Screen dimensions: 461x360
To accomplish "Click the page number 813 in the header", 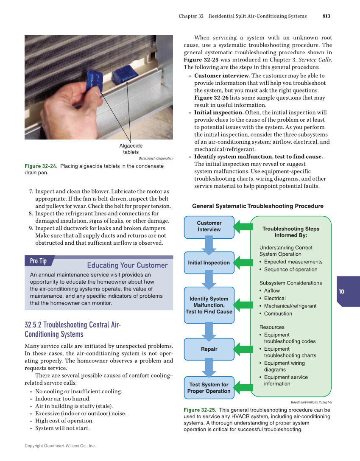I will click(326, 16).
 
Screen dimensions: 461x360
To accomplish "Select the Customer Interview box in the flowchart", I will click(209, 226).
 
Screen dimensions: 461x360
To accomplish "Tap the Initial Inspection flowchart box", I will click(209, 263).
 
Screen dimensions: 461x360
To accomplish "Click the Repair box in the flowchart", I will click(209, 349).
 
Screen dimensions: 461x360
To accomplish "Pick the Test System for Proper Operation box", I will click(209, 388).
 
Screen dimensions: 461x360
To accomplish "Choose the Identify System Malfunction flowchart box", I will click(209, 305).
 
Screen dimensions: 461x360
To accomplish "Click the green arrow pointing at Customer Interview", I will click(243, 226).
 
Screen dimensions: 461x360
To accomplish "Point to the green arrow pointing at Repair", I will click(243, 349).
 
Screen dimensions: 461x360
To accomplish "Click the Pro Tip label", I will click(39, 261).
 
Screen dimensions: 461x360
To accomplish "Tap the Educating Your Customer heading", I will click(127, 265).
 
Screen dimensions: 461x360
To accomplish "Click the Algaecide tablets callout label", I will click(131, 149).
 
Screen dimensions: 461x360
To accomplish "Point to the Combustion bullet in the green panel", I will click(278, 313).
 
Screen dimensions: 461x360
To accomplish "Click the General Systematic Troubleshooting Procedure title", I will click(258, 206).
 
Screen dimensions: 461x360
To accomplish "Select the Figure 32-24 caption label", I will click(41, 166).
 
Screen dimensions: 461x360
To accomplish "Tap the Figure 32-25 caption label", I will click(200, 410).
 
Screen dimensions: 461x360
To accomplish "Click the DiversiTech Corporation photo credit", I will click(156, 159).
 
